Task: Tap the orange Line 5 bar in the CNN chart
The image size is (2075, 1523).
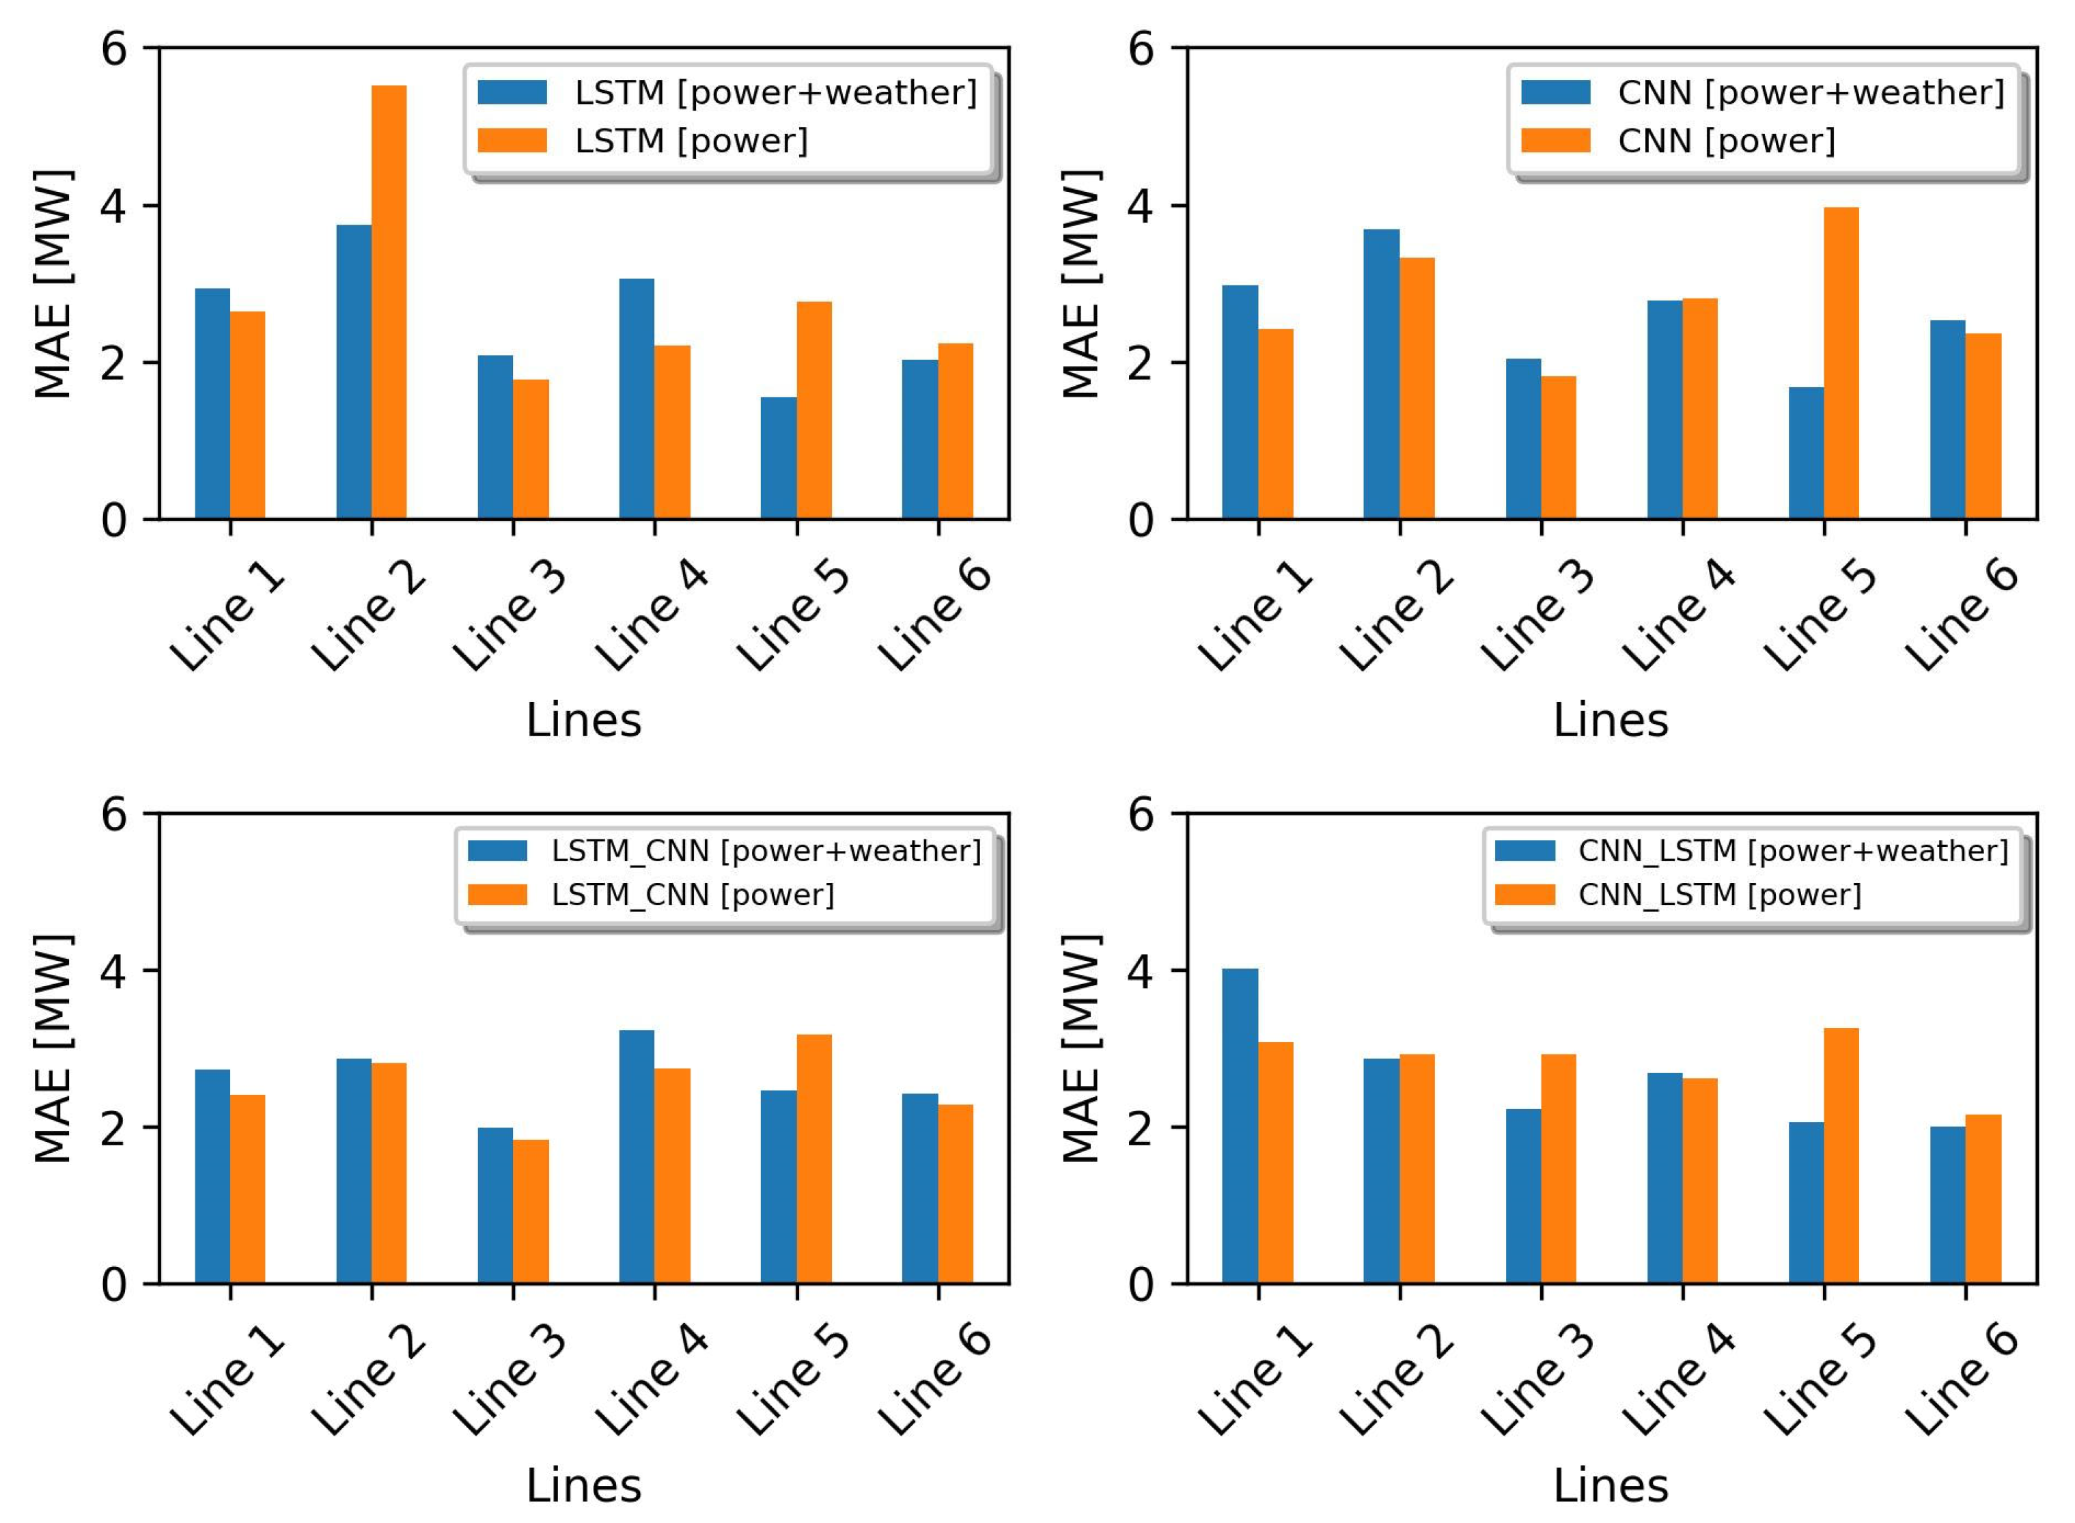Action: click(x=1841, y=363)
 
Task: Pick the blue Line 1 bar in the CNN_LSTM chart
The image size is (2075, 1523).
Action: click(x=1240, y=1126)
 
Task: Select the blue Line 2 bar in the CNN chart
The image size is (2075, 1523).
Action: click(x=1381, y=374)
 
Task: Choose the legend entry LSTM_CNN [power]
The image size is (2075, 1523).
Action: click(x=691, y=894)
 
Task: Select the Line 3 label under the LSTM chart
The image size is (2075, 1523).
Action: click(x=509, y=617)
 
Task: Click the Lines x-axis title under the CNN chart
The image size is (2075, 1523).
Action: click(x=1609, y=719)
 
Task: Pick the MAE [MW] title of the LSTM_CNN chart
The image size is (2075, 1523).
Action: click(x=53, y=1048)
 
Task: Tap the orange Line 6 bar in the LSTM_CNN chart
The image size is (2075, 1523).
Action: click(x=955, y=1194)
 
